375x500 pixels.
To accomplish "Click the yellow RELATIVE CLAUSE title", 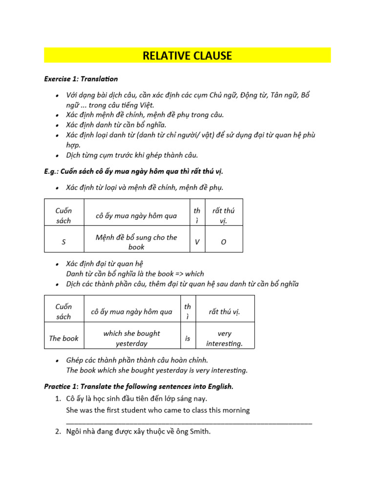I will tap(187, 56).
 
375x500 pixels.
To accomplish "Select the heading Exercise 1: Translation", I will tap(81, 79).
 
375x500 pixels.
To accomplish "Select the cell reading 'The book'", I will tap(63, 338).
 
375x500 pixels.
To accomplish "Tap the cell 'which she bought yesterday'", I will tap(131, 338).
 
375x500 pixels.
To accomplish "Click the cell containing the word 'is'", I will tap(187, 338).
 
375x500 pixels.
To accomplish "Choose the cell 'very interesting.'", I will tap(224, 338).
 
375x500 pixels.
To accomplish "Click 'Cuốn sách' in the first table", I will tap(63, 215).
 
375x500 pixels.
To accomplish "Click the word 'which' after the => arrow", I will tap(194, 273).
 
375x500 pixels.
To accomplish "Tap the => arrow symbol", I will tap(178, 273).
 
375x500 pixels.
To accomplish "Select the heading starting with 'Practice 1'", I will tap(139, 386).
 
